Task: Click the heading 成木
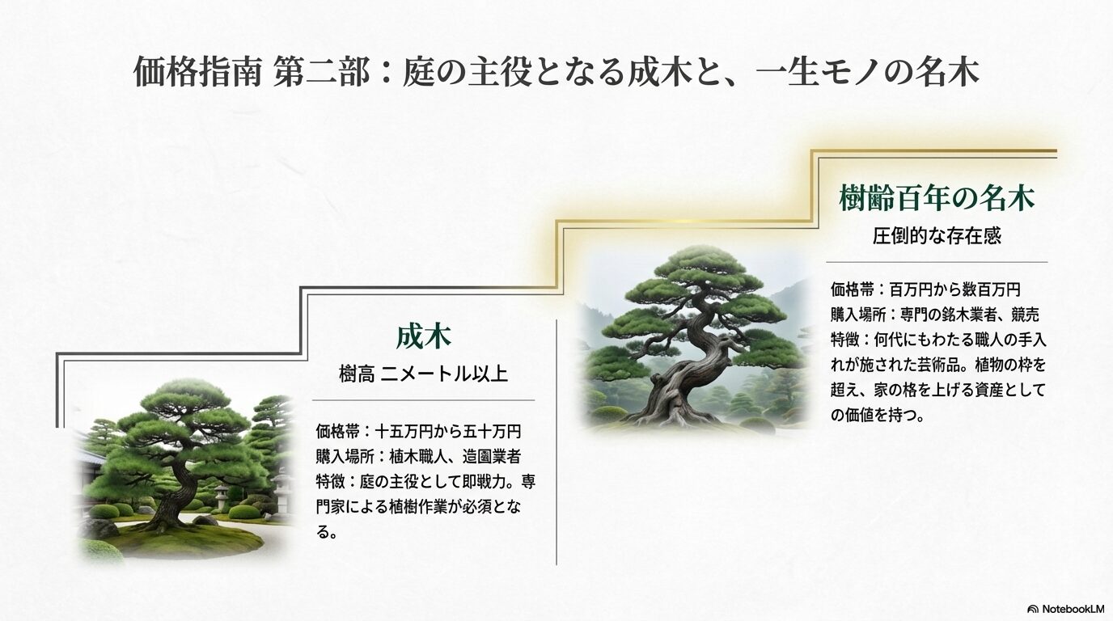pos(423,336)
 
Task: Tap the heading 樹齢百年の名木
pos(937,197)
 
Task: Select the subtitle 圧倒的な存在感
pos(937,236)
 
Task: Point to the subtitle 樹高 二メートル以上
pos(423,374)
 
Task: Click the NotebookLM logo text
pos(1071,608)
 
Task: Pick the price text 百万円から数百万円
pos(954,289)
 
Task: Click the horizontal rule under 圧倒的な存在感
pos(937,262)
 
